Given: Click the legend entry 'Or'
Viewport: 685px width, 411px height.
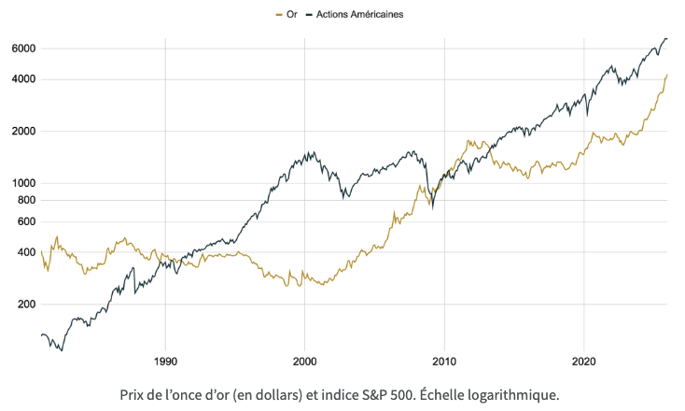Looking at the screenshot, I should click(292, 14).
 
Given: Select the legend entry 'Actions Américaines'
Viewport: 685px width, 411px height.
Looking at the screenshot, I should click(359, 14).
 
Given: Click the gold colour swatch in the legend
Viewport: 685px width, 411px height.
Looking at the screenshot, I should click(280, 14).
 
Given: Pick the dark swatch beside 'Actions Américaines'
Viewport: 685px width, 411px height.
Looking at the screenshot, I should click(309, 14).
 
